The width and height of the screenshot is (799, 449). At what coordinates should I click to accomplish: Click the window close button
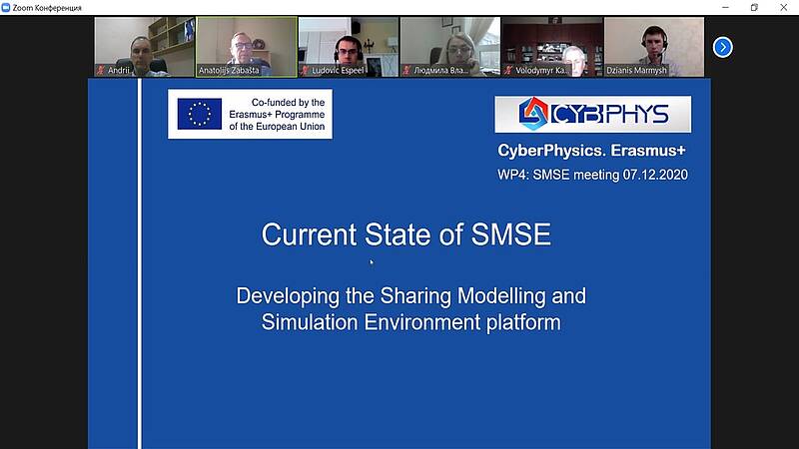click(783, 7)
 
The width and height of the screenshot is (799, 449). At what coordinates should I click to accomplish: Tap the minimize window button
click(726, 7)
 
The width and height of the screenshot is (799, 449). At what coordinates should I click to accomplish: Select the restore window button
click(754, 7)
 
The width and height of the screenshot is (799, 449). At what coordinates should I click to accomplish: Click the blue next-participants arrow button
click(722, 47)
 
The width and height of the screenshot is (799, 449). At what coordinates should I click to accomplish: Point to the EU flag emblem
click(199, 114)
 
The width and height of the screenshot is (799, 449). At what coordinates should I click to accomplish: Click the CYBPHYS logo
click(592, 114)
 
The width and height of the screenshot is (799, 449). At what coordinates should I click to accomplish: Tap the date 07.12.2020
click(655, 175)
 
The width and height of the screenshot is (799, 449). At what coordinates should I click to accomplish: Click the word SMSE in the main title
click(510, 234)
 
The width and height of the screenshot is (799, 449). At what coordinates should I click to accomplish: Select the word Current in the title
click(309, 234)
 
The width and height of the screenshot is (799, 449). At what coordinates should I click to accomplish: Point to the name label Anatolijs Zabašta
click(229, 70)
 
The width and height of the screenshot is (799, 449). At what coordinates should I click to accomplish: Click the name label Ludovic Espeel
click(338, 70)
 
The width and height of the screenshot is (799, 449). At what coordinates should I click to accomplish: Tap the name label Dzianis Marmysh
click(636, 70)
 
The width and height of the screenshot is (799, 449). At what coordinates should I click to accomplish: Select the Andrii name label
click(119, 70)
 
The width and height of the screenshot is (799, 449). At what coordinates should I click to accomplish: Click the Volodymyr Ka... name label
click(541, 70)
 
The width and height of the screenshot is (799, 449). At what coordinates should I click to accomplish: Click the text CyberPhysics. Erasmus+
click(591, 151)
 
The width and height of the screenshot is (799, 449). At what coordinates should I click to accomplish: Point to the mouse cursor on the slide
click(372, 261)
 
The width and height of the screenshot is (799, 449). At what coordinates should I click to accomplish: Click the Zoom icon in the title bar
click(6, 8)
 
